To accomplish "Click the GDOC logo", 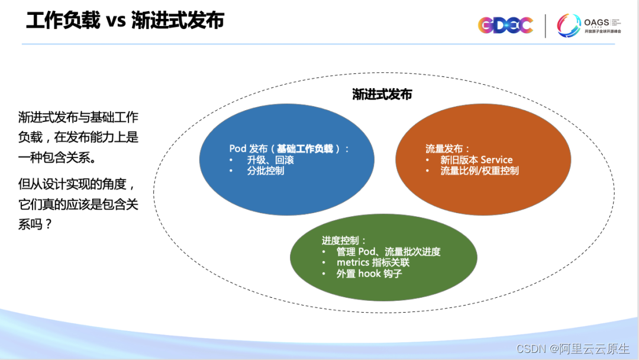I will (x=505, y=25).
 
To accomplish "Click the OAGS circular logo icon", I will (x=568, y=25).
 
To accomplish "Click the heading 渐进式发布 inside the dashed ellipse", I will (x=382, y=95).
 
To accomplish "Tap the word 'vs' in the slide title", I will (x=117, y=21).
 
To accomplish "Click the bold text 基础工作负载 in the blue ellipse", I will (x=305, y=149).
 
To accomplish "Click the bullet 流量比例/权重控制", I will (x=479, y=171).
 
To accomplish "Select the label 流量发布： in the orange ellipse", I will (x=448, y=149).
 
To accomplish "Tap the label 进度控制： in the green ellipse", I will (x=344, y=240).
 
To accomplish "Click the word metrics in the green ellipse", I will (x=353, y=262).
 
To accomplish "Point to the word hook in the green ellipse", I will (x=369, y=274).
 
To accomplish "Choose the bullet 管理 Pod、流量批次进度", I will (x=388, y=252).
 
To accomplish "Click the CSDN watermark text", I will (x=530, y=349).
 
